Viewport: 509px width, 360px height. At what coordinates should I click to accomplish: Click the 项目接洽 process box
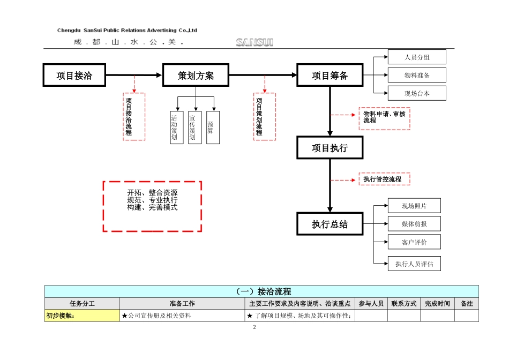click(74, 76)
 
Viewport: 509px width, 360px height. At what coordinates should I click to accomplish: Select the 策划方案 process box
click(196, 76)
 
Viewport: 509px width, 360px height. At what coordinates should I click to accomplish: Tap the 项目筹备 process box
click(330, 76)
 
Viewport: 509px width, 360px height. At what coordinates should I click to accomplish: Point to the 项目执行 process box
click(330, 148)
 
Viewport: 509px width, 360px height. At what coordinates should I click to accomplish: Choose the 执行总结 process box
click(330, 224)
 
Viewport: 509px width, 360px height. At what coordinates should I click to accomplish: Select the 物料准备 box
click(416, 76)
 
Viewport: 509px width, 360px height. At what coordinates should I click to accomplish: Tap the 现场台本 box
click(416, 94)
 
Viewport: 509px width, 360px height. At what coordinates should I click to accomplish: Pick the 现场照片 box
click(414, 205)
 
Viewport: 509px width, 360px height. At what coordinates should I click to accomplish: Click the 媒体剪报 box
click(414, 223)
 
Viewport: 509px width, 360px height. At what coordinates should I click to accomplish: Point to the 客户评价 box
click(414, 242)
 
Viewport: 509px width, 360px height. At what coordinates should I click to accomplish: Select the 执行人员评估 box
click(414, 264)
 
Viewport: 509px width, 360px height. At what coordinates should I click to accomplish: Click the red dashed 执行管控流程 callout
click(384, 179)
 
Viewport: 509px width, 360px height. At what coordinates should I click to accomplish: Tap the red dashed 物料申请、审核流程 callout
click(384, 118)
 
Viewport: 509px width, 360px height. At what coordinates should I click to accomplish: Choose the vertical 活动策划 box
click(176, 127)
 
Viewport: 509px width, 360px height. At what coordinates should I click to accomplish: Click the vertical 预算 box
click(213, 127)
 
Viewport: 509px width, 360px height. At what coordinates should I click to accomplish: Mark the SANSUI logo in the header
click(254, 42)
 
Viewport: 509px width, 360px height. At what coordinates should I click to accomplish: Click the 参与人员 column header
click(371, 304)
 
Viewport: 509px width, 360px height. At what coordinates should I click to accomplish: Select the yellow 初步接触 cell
click(82, 316)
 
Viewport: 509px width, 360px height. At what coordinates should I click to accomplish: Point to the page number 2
click(254, 327)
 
